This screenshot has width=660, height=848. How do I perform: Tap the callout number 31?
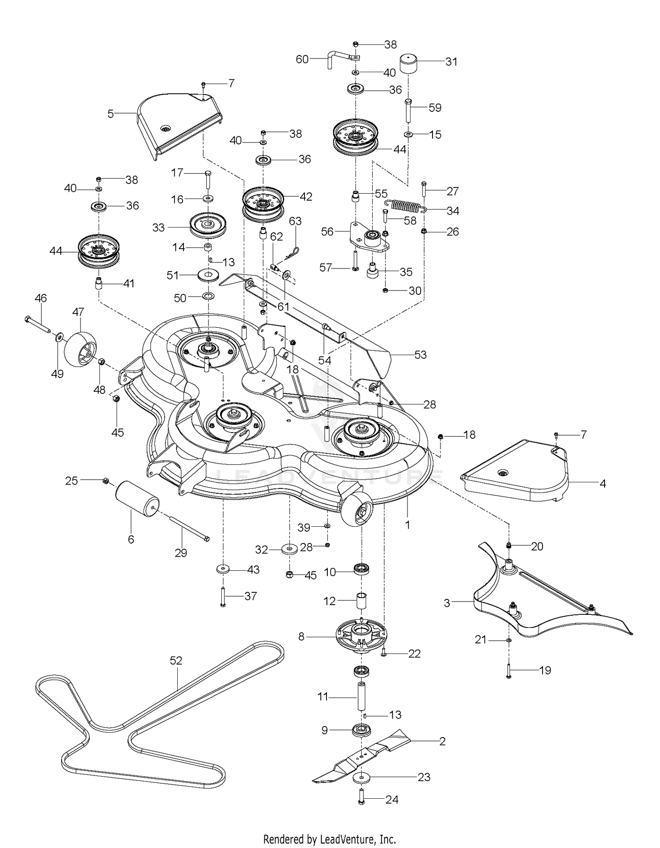(x=451, y=62)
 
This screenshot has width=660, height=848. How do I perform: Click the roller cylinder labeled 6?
(x=137, y=498)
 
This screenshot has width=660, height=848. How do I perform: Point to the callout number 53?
(x=420, y=355)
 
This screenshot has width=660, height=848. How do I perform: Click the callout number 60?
(x=302, y=59)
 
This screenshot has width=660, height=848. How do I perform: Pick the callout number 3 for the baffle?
(x=447, y=602)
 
